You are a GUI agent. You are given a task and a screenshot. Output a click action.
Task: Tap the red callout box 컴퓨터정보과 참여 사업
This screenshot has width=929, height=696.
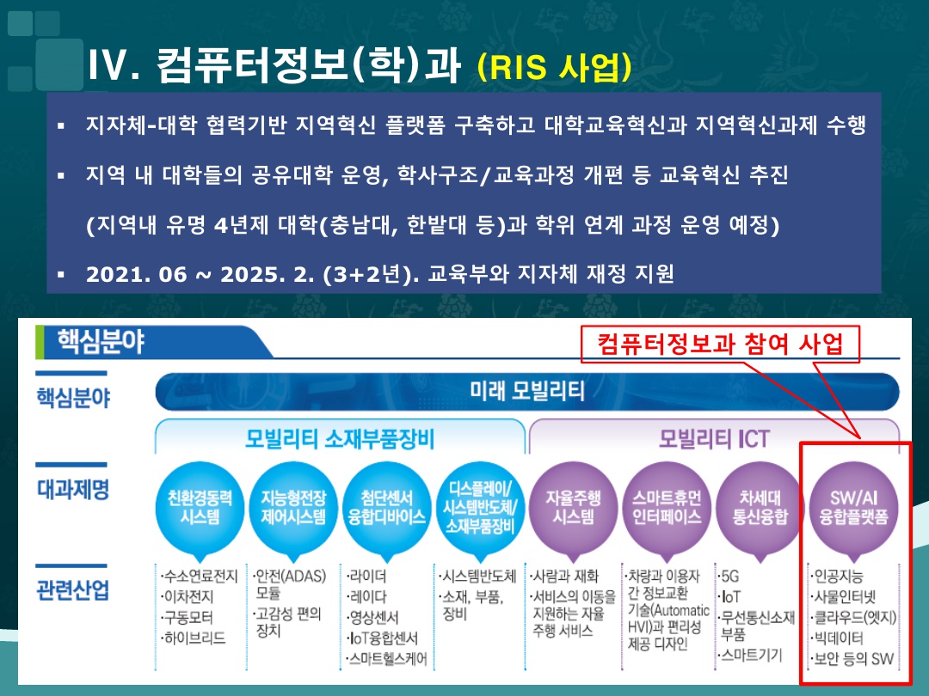pyautogui.click(x=720, y=344)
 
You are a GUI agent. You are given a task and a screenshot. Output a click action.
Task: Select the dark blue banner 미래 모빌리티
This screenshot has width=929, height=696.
pyautogui.click(x=527, y=391)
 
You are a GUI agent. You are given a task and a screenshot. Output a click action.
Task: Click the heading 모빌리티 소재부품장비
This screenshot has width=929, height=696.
pyautogui.click(x=340, y=439)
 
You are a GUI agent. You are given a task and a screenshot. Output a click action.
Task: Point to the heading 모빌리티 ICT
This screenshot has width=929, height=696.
pyautogui.click(x=714, y=439)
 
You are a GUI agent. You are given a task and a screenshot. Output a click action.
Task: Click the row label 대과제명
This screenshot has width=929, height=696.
pyautogui.click(x=73, y=490)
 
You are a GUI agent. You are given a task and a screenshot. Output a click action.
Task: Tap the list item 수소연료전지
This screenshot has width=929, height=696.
pyautogui.click(x=199, y=576)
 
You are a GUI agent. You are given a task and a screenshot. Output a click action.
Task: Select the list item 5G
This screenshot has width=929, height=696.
pyautogui.click(x=729, y=576)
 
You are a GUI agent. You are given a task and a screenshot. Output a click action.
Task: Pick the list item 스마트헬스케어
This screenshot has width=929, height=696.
pyautogui.click(x=387, y=659)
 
